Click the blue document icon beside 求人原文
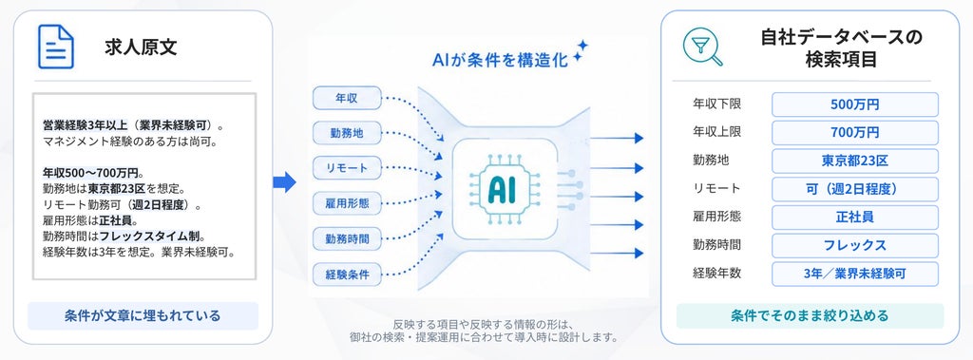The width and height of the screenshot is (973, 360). click(56, 47)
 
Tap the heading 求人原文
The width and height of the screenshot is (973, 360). click(141, 47)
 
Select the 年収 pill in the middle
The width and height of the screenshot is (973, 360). click(347, 98)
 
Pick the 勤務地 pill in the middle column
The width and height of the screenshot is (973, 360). click(347, 133)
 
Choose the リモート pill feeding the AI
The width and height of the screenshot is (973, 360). click(347, 167)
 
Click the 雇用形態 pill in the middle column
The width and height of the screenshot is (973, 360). click(347, 203)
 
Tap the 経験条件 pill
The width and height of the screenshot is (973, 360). click(347, 274)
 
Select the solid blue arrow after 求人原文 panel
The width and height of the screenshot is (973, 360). click(284, 182)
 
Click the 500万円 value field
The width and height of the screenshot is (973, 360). click(854, 104)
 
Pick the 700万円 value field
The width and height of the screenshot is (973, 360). click(854, 132)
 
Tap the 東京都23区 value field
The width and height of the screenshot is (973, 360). click(854, 161)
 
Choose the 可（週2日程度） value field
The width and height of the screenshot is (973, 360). click(854, 189)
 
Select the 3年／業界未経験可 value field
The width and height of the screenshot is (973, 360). click(854, 274)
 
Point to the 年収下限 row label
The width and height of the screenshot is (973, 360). click(716, 104)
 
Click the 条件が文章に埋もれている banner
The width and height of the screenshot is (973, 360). click(143, 316)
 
